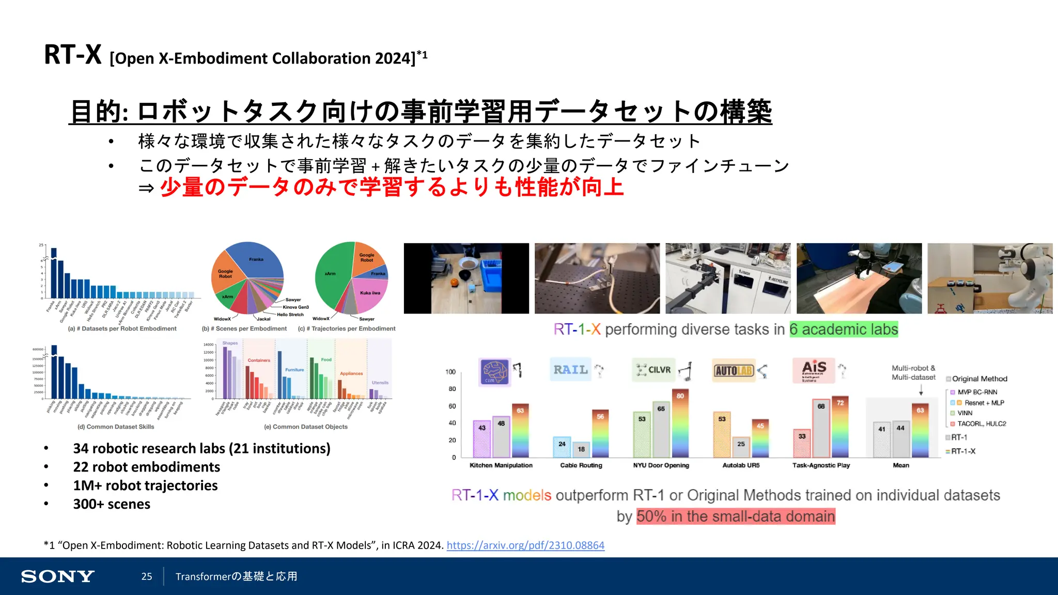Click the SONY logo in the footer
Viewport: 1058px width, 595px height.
click(x=57, y=576)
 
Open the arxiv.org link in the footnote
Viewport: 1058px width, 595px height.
click(x=525, y=545)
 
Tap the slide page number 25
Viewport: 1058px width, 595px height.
click(x=147, y=576)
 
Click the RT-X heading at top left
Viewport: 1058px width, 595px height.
click(x=73, y=55)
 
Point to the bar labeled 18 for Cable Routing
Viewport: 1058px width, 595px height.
click(x=581, y=450)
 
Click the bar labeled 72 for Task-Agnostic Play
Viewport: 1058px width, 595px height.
click(x=840, y=428)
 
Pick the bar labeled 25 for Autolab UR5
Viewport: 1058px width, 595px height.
click(x=741, y=447)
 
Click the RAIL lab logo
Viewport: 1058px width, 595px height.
click(x=570, y=370)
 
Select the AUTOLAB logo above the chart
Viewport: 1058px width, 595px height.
click(x=733, y=370)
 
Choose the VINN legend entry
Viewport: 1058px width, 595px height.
click(x=964, y=413)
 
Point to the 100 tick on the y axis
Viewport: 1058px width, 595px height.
click(x=450, y=372)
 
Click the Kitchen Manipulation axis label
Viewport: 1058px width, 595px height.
click(x=501, y=465)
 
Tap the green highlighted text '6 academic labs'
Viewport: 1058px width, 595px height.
click(x=844, y=330)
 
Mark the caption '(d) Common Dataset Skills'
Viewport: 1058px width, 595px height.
click(x=116, y=427)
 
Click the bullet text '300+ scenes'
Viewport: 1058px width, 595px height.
click(x=112, y=504)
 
